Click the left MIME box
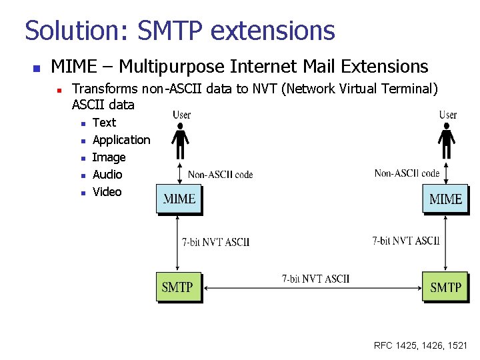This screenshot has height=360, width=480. point(179,199)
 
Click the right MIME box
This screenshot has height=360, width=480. point(445,199)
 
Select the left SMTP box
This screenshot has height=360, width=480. point(178,287)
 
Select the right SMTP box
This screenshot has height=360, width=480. point(445,287)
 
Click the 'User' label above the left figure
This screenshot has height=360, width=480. point(181,115)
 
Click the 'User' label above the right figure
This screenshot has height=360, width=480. point(448,115)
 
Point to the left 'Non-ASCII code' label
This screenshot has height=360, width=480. point(220,175)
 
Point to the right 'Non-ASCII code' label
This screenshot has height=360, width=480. point(407,173)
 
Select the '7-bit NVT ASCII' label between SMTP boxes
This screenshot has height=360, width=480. point(315,279)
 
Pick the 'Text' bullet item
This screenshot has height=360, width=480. point(104,123)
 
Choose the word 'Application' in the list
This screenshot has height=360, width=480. point(121,140)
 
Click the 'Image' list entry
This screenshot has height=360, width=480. point(109,157)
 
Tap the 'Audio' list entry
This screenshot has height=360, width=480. point(107,175)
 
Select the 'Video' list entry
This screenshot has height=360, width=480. point(107,192)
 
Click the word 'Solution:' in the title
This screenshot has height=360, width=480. point(79,31)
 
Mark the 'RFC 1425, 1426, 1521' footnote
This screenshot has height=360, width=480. point(421,345)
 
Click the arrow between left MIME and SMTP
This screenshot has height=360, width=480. point(179,243)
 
